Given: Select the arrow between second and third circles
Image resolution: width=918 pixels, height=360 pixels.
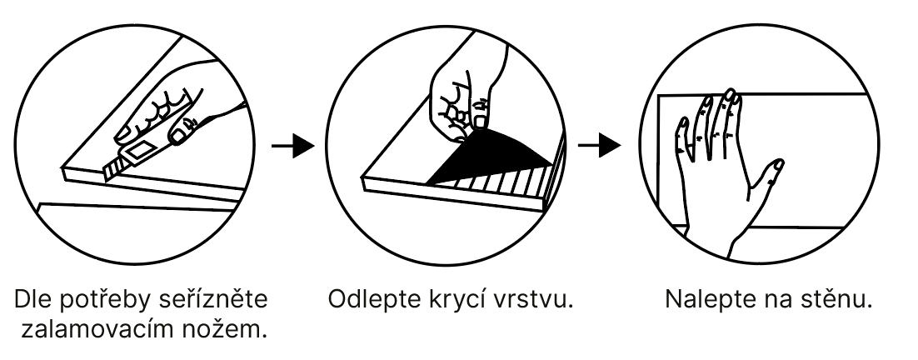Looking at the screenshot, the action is coord(598,146).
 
